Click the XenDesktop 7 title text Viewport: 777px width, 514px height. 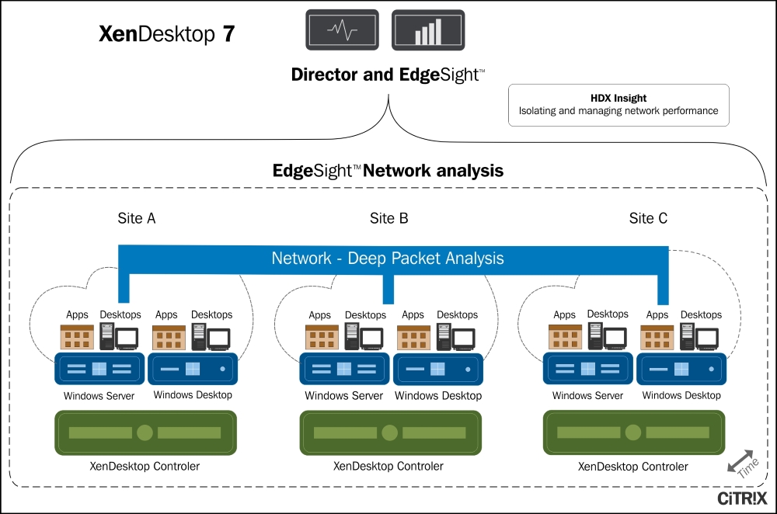(x=166, y=35)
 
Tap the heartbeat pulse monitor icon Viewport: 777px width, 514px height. (x=343, y=32)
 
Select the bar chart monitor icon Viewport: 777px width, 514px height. (x=427, y=32)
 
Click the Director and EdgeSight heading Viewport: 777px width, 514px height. (x=388, y=75)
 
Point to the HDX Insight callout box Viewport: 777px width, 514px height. (x=618, y=105)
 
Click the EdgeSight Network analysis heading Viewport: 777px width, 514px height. (x=388, y=170)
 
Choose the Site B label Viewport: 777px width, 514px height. (x=388, y=218)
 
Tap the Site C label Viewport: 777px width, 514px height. (x=648, y=218)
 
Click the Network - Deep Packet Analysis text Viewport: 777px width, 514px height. (x=388, y=259)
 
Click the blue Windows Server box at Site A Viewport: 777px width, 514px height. (x=99, y=369)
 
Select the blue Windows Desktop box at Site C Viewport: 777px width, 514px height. (x=681, y=369)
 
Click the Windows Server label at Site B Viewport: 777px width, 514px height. (x=343, y=396)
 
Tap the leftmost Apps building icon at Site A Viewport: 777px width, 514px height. (x=77, y=337)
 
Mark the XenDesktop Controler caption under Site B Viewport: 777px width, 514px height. (x=388, y=467)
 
